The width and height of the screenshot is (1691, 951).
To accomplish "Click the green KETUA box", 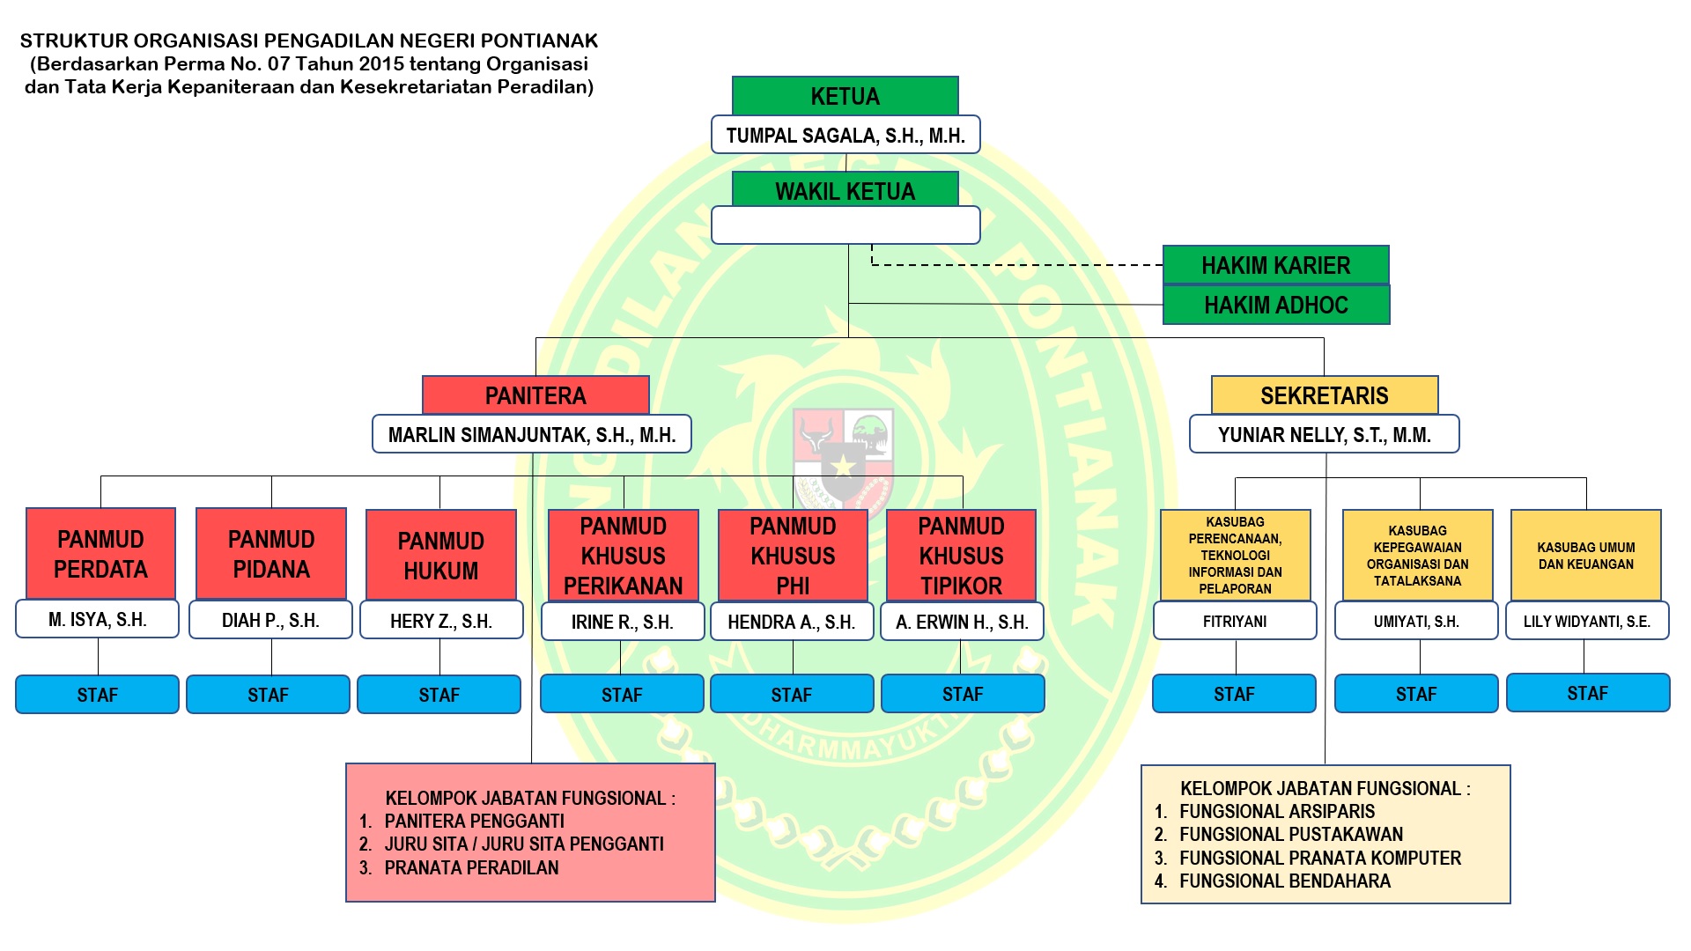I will coord(845,96).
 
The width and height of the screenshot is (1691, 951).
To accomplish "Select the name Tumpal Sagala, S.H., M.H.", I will coord(845,136).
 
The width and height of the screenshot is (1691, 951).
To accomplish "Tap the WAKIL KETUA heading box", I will coord(845,190).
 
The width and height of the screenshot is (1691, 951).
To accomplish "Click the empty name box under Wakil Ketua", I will coord(845,225).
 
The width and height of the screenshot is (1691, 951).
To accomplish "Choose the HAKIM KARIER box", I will coord(1275,265).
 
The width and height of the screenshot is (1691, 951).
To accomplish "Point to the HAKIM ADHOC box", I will coord(1275,305).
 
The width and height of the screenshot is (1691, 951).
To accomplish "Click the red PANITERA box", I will coord(535,395).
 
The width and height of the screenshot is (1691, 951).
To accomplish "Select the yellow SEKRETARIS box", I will coord(1324,395).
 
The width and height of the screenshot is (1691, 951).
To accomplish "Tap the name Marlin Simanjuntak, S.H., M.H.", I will coord(532,435).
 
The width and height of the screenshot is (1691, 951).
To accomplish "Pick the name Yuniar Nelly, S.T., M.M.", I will coord(1324,435).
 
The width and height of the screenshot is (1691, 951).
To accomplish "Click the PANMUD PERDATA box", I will coord(100,554).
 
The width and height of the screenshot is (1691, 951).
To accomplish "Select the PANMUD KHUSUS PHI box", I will coord(793,555).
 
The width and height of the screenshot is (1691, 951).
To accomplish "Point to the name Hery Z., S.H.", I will coord(441,621).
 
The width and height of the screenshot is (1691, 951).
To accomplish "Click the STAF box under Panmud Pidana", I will coord(268,695).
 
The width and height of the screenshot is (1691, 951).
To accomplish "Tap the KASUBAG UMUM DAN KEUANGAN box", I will coord(1585,556).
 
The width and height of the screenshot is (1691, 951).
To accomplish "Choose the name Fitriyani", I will coord(1235,621).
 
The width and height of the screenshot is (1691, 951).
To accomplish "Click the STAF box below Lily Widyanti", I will coord(1587,693).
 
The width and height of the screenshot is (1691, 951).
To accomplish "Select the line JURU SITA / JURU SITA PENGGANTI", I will coord(524,844).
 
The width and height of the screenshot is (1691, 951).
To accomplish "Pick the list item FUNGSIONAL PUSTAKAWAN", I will coord(1291,835).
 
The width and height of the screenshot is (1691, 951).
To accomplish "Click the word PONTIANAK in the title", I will coord(538,41).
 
